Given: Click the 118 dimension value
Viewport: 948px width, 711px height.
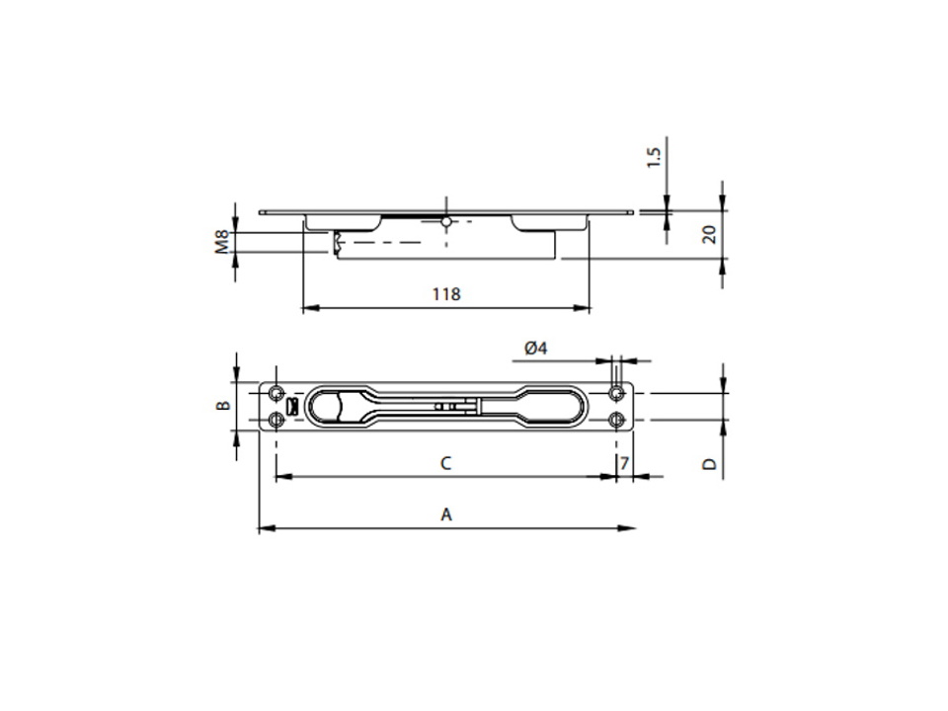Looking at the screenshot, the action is pyautogui.click(x=446, y=294).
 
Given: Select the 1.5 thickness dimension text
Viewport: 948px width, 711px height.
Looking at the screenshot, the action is pyautogui.click(x=654, y=157).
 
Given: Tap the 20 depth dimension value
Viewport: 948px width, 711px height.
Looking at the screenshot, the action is pyautogui.click(x=709, y=234).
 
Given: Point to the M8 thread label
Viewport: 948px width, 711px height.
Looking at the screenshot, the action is pyautogui.click(x=222, y=241).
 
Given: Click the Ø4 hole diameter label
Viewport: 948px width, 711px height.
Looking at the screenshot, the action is pyautogui.click(x=535, y=349).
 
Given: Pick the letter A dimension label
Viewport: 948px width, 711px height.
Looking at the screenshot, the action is pyautogui.click(x=446, y=514).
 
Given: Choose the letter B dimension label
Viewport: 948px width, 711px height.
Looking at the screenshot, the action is pyautogui.click(x=223, y=405).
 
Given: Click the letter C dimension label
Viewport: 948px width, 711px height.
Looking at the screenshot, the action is pyautogui.click(x=445, y=464).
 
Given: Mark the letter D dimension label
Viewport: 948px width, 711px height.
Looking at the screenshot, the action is pyautogui.click(x=709, y=464).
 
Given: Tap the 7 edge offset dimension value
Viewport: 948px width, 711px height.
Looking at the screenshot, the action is pyautogui.click(x=624, y=464).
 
